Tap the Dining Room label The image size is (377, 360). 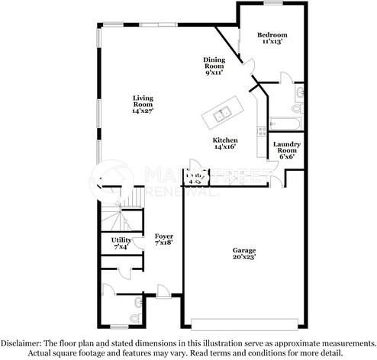(214, 66)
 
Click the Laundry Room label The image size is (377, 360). (288, 147)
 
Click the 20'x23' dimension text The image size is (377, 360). (244, 259)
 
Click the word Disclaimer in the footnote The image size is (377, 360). (21, 342)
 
